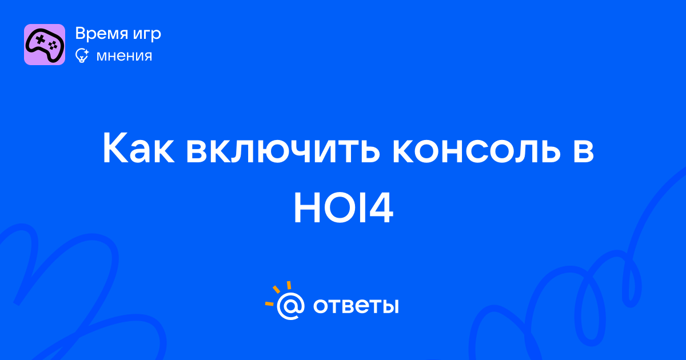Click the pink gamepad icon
[x=45, y=45]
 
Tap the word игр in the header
[x=147, y=35]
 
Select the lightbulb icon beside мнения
[x=82, y=55]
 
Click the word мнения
[x=124, y=57]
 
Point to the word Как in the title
[x=138, y=148]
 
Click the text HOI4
[x=344, y=207]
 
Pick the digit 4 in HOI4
[x=380, y=207]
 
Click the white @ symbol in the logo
[x=290, y=306]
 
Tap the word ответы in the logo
[x=356, y=306]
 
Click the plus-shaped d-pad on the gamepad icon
[x=40, y=39]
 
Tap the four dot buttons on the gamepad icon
[x=53, y=45]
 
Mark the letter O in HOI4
[x=341, y=207]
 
